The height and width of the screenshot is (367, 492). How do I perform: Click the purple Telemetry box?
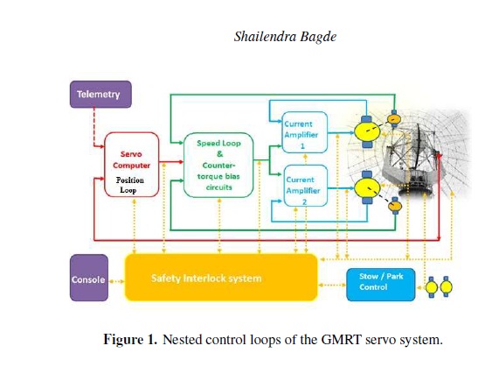click(100, 95)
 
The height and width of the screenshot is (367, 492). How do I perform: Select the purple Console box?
click(89, 278)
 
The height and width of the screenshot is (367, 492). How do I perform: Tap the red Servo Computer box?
click(131, 165)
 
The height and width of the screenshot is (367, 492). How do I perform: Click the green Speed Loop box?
click(218, 165)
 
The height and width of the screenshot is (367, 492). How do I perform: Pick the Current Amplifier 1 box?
click(305, 132)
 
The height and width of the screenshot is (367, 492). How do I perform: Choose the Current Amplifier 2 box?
click(306, 186)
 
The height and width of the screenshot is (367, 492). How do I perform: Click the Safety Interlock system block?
click(221, 278)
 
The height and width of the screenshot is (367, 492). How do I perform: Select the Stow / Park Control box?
click(381, 285)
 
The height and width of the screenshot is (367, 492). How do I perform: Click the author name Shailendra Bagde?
click(285, 37)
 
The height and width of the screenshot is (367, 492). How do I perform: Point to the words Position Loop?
click(129, 185)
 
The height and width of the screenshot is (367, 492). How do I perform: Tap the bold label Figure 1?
click(130, 340)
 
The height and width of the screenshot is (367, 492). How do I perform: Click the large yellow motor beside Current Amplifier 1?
click(367, 131)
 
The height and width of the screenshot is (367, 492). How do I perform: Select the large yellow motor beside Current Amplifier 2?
click(367, 187)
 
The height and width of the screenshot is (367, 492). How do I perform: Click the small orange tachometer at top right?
click(394, 119)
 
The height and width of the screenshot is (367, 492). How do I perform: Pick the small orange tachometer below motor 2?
click(395, 206)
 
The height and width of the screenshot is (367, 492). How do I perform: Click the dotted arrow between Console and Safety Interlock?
click(116, 281)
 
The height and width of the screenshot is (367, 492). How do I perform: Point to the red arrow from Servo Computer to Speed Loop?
click(171, 162)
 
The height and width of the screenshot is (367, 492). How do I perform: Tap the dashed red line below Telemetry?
click(94, 127)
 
